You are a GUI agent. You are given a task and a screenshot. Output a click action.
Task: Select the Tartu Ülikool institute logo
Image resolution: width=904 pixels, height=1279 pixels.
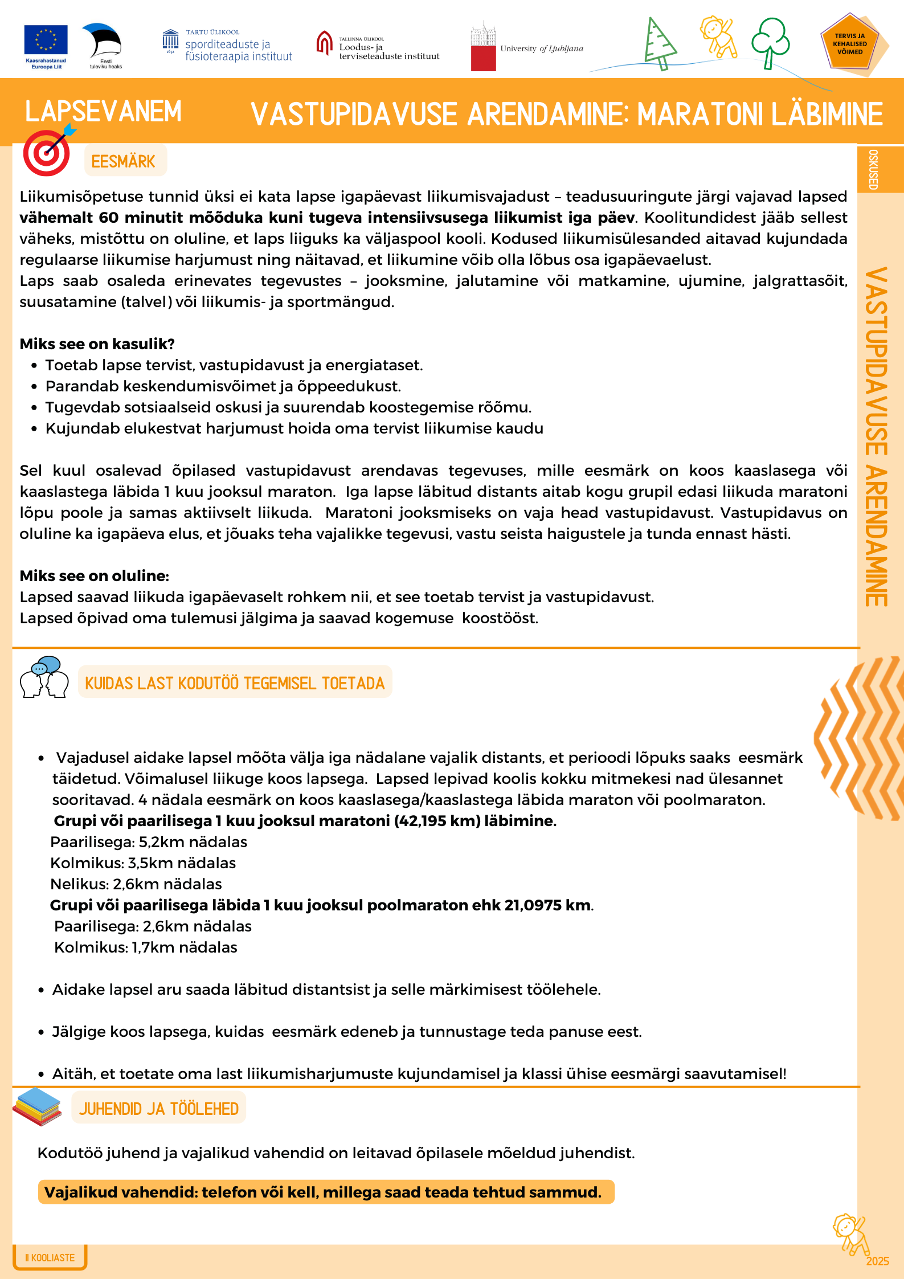pyautogui.click(x=227, y=46)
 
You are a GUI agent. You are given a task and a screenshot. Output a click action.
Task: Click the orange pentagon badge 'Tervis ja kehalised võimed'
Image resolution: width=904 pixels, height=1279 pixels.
pyautogui.click(x=850, y=44)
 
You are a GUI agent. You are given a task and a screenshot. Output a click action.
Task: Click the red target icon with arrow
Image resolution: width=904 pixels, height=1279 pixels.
pyautogui.click(x=47, y=153)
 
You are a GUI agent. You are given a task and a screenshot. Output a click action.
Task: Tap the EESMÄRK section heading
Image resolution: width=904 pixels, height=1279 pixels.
pyautogui.click(x=124, y=161)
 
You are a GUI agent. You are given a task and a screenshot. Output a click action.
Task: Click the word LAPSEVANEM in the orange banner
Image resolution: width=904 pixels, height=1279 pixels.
pyautogui.click(x=103, y=111)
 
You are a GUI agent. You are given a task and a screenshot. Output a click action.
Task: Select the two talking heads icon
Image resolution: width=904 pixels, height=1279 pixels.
pyautogui.click(x=44, y=677)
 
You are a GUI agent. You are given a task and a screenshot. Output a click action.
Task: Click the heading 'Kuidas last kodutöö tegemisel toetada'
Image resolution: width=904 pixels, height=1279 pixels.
pyautogui.click(x=235, y=683)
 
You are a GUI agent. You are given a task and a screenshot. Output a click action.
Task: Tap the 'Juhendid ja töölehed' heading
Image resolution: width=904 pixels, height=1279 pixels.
pyautogui.click(x=159, y=1109)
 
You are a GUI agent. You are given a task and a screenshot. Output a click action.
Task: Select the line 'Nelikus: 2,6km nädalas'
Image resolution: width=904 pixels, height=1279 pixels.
pyautogui.click(x=136, y=884)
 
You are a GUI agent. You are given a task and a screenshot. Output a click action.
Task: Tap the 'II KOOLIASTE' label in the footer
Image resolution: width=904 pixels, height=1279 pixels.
pyautogui.click(x=50, y=1257)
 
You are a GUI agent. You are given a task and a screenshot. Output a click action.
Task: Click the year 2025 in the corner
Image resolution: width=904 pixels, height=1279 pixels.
pyautogui.click(x=877, y=1261)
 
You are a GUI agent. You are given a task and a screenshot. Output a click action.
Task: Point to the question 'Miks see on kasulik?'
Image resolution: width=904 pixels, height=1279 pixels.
pyautogui.click(x=97, y=344)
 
